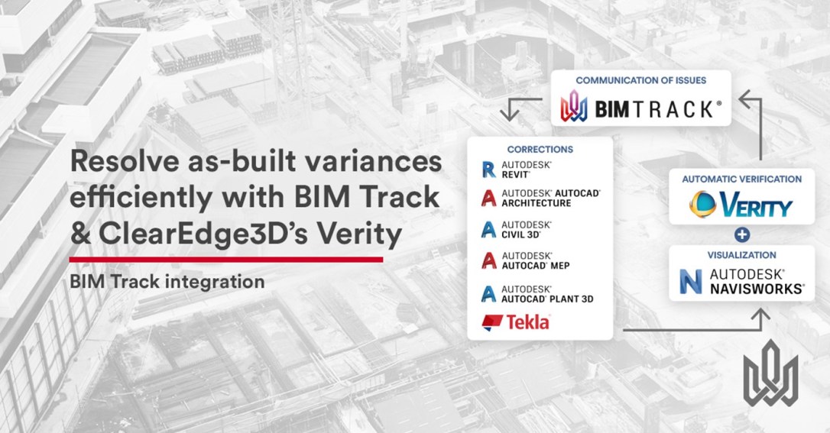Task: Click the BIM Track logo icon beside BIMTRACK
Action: (574, 105)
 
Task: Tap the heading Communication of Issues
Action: (641, 80)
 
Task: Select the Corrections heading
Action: (540, 150)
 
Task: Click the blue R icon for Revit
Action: (488, 170)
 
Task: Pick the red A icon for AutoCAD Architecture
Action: (488, 199)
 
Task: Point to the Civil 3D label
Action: (527, 229)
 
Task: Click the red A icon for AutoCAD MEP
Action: (488, 260)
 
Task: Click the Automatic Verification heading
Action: (741, 179)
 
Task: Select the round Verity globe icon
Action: (703, 205)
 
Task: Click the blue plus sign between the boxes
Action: (741, 234)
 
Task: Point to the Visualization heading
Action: (741, 255)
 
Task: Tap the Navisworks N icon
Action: (691, 282)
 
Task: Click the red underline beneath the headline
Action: (226, 260)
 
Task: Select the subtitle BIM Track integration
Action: (167, 281)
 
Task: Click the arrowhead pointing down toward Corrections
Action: (510, 113)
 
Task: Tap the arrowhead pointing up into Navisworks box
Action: (760, 315)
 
